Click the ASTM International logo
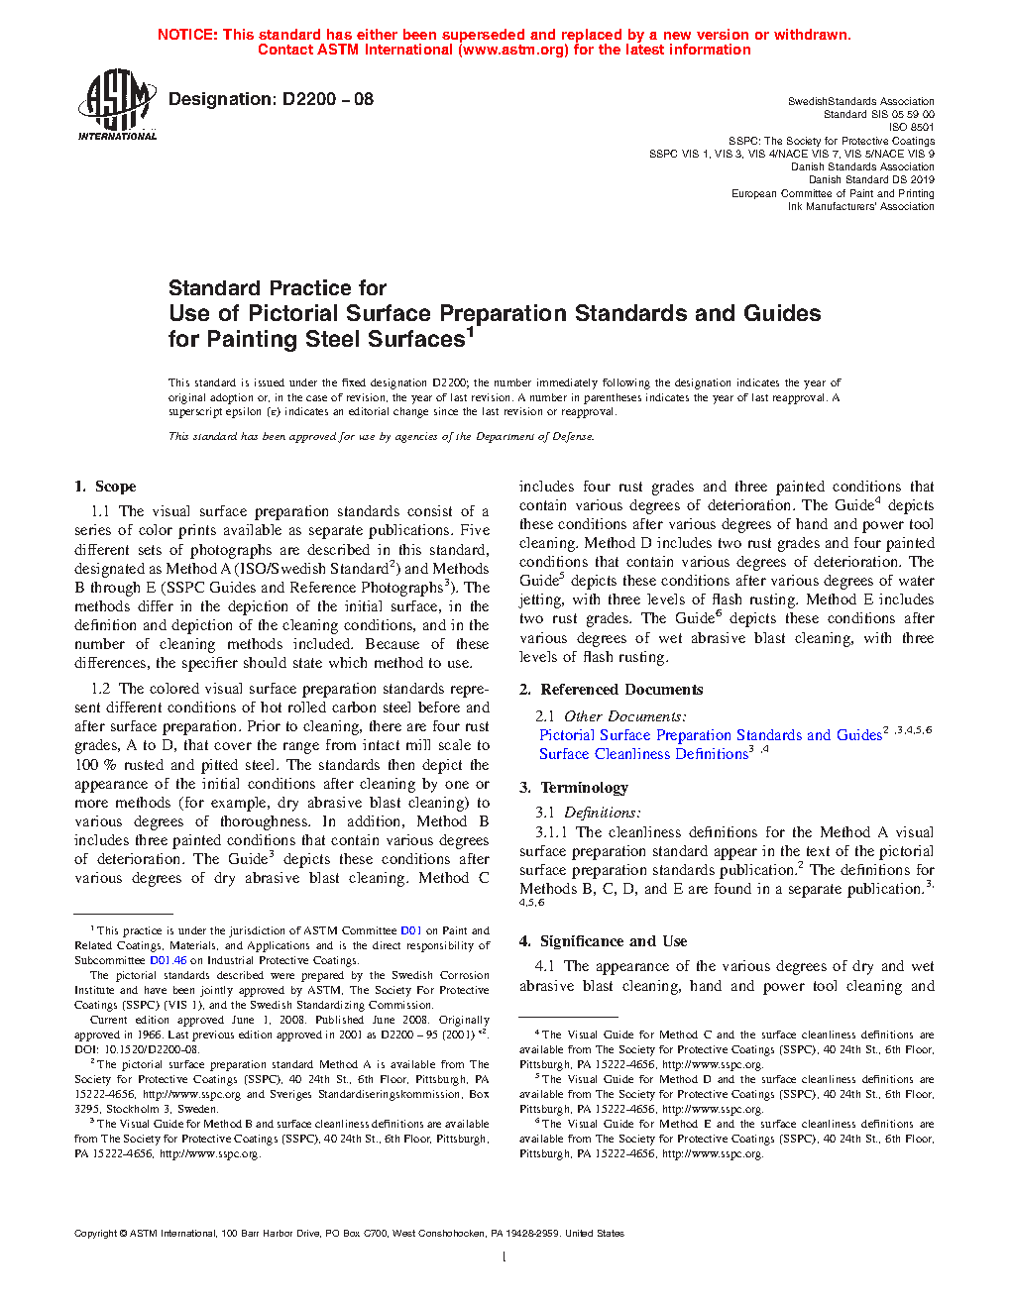pos(117,104)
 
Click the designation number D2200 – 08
pos(327,99)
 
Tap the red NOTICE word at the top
pos(187,35)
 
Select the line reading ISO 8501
pos(911,127)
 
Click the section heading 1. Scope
pos(105,487)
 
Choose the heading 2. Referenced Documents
pos(612,690)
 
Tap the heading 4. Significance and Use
pos(603,941)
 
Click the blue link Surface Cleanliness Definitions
pos(643,754)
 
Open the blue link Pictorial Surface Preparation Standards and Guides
pos(710,735)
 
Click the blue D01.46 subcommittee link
pos(168,960)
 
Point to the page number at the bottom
pos(504,1257)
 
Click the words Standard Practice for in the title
pos(278,288)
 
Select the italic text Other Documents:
pos(624,716)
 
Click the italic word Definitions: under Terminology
pos(603,813)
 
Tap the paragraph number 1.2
pos(100,689)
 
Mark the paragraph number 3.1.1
pos(552,832)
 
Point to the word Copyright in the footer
pos(95,1234)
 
